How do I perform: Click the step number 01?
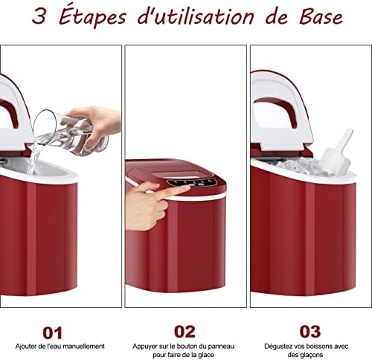52,332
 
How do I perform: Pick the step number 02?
185,332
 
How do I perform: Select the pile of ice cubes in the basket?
301,164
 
